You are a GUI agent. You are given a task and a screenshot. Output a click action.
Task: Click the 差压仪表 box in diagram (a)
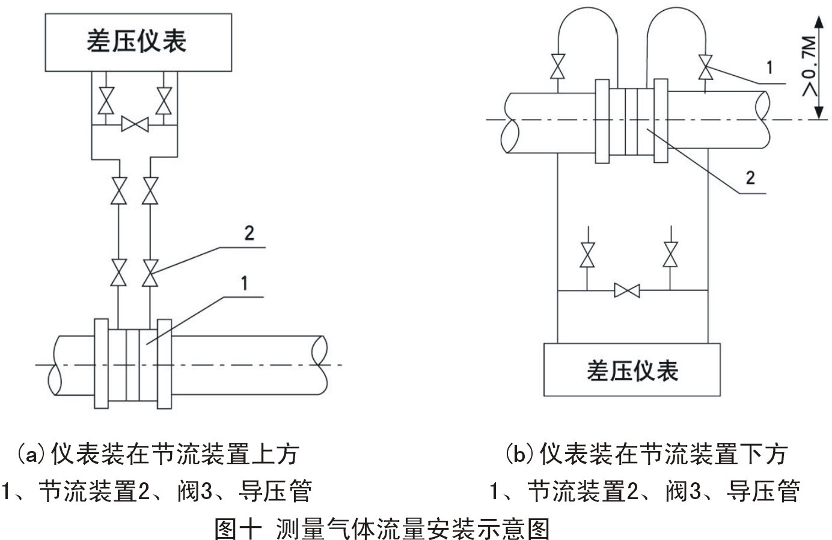pos(136,40)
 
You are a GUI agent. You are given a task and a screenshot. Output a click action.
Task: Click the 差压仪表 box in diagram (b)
pos(632,370)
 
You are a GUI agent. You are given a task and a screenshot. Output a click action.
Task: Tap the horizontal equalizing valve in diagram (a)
pos(135,125)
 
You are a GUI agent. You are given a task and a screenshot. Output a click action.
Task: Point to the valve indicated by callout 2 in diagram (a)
pos(150,273)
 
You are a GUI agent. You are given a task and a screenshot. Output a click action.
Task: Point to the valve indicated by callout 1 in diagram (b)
pos(705,66)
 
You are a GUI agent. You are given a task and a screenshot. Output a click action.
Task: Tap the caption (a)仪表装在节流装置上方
pos(158,454)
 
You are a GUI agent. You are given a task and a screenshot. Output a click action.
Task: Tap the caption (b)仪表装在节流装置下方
pos(646,454)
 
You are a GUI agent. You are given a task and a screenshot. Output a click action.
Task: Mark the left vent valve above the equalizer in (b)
pos(587,254)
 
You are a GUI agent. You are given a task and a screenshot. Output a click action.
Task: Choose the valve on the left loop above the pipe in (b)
pos(558,66)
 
